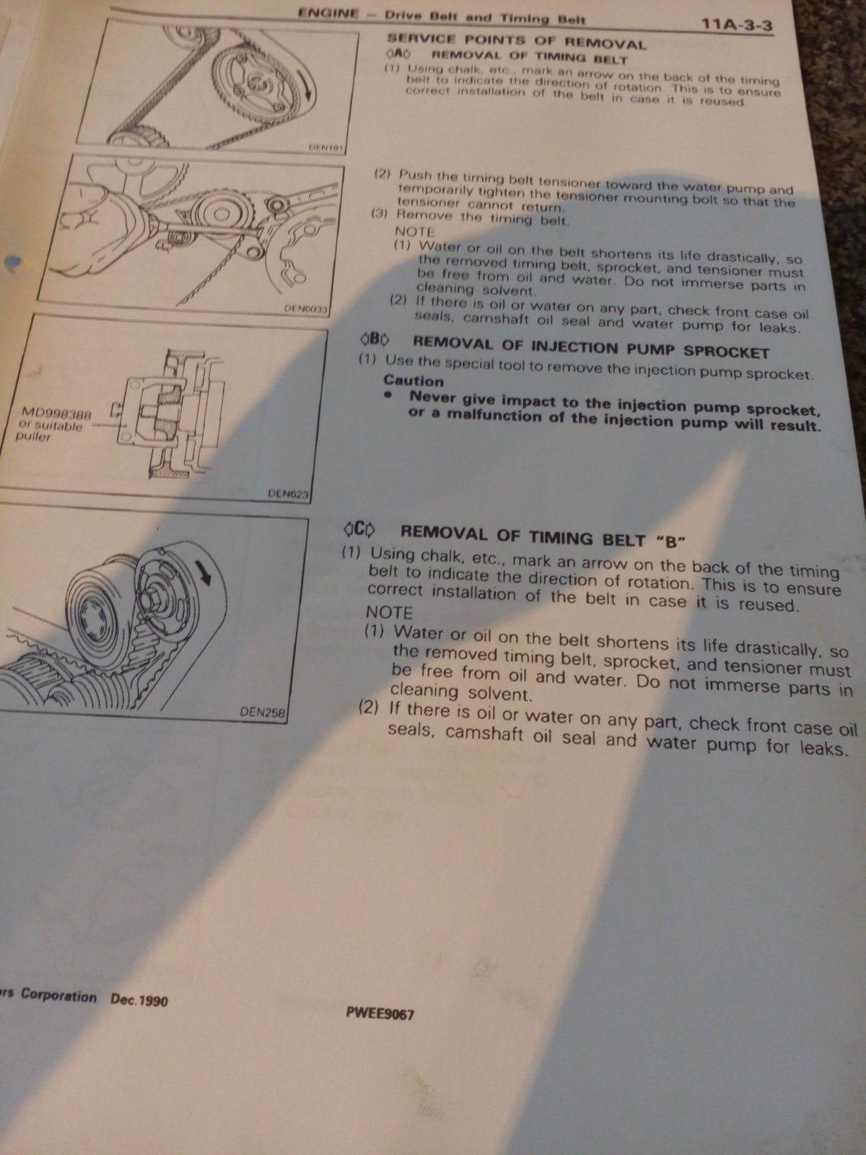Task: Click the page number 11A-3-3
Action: point(736,25)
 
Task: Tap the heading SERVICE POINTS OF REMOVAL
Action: point(516,42)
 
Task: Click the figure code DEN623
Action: point(288,494)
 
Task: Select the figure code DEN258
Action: point(263,713)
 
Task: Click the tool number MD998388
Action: point(56,414)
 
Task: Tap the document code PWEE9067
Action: point(380,1014)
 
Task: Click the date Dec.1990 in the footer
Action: point(139,1000)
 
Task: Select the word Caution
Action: point(414,380)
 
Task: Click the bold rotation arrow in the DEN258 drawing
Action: point(203,572)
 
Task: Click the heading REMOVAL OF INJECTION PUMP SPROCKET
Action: point(590,349)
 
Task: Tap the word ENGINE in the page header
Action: point(328,13)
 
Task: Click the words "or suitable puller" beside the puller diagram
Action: point(49,431)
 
